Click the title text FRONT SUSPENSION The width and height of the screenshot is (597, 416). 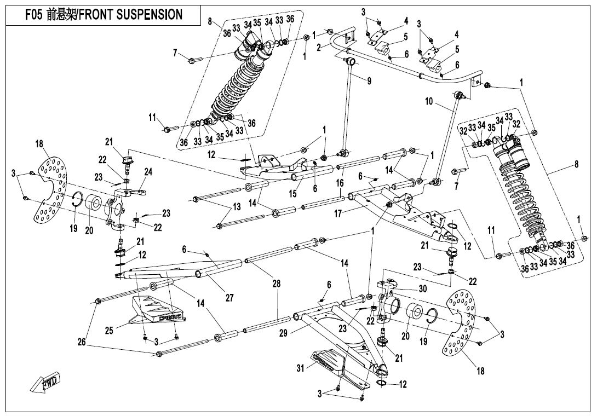click(x=130, y=14)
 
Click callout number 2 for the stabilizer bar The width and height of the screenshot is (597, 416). click(x=319, y=47)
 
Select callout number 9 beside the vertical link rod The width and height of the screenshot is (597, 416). click(x=369, y=80)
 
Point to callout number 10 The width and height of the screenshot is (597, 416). click(x=429, y=102)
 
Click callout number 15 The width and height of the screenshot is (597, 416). click(x=292, y=194)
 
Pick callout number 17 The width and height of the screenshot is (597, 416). click(x=338, y=214)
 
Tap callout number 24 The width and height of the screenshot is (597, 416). click(x=148, y=172)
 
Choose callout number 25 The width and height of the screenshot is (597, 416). click(x=110, y=331)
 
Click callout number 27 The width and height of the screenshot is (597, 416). click(x=229, y=298)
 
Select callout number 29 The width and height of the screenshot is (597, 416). click(x=283, y=333)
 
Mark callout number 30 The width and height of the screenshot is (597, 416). click(x=423, y=289)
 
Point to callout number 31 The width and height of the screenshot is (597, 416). click(x=301, y=368)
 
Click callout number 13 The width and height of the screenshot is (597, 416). click(x=237, y=207)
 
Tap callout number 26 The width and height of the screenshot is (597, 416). click(x=82, y=342)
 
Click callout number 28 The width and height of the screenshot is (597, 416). click(x=277, y=284)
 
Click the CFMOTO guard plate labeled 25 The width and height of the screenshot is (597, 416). click(x=157, y=311)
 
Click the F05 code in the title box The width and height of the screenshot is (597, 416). click(x=33, y=14)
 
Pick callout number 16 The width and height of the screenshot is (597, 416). click(x=340, y=183)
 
